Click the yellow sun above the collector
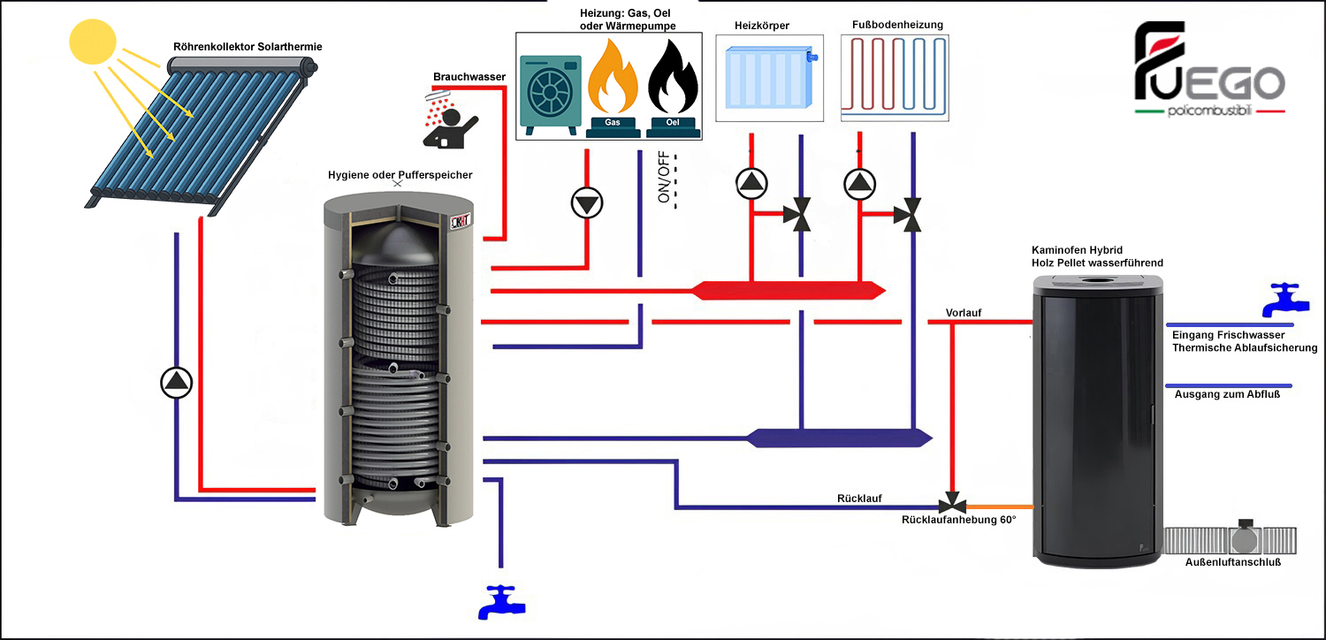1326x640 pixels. point(92,42)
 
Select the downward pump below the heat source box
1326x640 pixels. point(586,203)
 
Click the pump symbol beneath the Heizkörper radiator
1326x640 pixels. point(751,183)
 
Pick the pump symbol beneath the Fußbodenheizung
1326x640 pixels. point(858,183)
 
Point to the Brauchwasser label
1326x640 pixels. point(469,77)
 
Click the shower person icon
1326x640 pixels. point(451,118)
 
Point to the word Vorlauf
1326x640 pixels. point(964,313)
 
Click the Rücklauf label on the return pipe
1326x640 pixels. point(859,499)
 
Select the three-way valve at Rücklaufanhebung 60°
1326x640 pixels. point(951,506)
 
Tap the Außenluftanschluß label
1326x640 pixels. point(1232,562)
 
